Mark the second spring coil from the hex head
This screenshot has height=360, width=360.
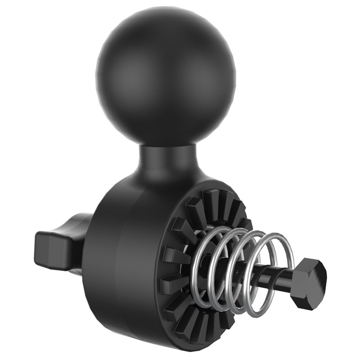252,270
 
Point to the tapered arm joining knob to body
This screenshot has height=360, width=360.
76,238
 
